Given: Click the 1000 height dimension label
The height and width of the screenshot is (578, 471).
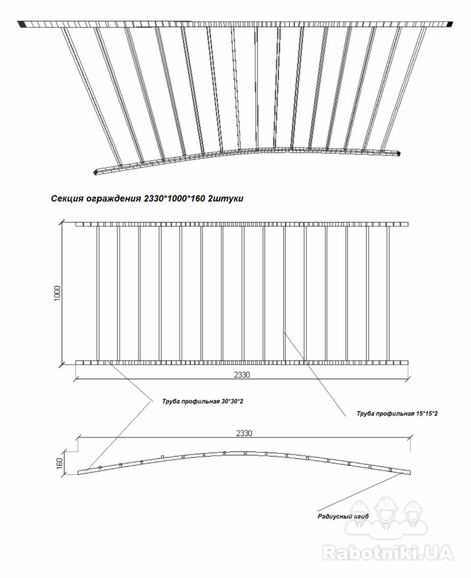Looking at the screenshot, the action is [x=57, y=293].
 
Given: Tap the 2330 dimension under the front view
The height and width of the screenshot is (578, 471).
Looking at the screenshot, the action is [x=242, y=375].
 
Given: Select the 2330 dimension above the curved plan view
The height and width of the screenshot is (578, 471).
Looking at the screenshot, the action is [x=244, y=433].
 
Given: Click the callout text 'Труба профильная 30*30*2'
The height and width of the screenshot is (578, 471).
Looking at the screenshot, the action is [x=203, y=401].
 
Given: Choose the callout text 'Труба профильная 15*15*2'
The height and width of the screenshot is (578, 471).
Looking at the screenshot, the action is [x=397, y=414].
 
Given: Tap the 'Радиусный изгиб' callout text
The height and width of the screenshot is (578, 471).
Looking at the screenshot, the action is [x=343, y=516].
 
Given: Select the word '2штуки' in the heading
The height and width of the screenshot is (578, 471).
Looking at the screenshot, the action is [x=226, y=199].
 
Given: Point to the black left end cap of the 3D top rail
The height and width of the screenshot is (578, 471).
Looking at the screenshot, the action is [x=21, y=24].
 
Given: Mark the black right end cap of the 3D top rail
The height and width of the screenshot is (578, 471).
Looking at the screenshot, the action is [x=450, y=24].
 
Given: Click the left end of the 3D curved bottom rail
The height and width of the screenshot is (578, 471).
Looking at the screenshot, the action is [x=96, y=172].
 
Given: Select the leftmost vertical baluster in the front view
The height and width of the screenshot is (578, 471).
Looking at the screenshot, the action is [x=98, y=293].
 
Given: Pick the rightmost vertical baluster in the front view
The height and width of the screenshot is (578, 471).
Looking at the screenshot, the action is [x=388, y=293].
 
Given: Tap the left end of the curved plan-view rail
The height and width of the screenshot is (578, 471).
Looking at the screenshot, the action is [x=79, y=473].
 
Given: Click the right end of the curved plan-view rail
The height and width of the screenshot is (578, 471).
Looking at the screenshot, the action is [x=410, y=473].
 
